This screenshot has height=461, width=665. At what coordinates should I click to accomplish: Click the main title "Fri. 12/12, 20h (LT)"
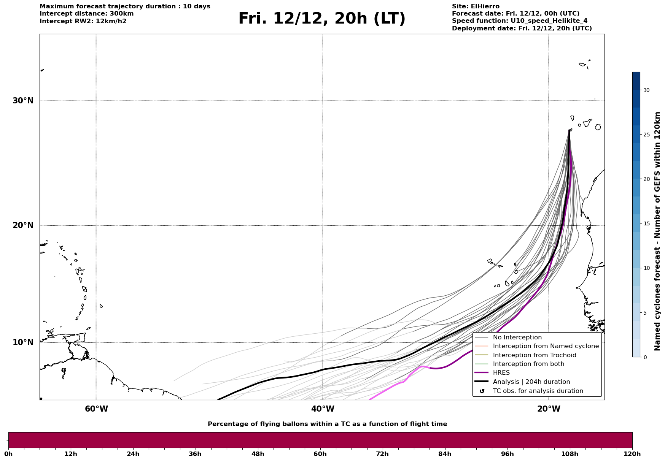[322, 19]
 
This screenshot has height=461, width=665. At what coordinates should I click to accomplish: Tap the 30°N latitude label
[23, 101]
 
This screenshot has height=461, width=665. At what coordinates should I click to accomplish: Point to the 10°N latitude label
[23, 342]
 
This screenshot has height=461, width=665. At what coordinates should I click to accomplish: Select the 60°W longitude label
[96, 409]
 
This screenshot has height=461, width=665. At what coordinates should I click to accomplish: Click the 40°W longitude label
[323, 409]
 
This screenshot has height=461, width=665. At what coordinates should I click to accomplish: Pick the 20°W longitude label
[549, 409]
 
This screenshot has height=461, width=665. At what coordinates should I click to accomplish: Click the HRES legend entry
[501, 373]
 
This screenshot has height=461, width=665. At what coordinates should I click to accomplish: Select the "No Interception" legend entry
[517, 337]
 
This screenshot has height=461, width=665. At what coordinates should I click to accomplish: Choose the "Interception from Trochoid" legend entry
[534, 355]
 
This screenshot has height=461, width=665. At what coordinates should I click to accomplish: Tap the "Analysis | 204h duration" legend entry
[531, 382]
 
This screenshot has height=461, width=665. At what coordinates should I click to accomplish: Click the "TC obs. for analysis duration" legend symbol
[482, 391]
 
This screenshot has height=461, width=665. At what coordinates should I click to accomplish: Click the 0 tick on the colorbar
[645, 357]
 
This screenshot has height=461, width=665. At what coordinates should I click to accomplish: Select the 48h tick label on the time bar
[258, 454]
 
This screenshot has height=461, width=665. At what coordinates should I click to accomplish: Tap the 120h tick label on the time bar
[632, 454]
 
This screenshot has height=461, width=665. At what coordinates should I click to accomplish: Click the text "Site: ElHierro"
[476, 6]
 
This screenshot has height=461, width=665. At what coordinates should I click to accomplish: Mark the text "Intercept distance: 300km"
[86, 14]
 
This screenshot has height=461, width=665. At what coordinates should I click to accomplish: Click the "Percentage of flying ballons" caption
[327, 424]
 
